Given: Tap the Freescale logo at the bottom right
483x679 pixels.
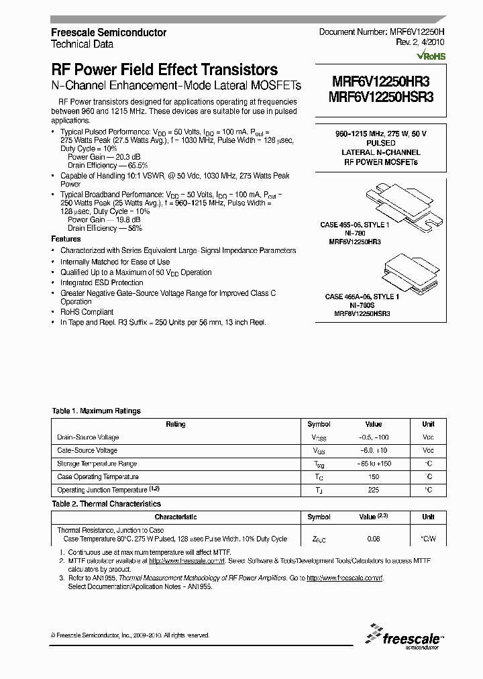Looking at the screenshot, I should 402,637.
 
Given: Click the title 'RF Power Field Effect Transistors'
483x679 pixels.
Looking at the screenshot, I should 164,70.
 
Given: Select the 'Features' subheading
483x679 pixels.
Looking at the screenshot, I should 66,239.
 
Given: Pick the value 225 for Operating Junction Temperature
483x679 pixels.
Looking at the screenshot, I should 373,490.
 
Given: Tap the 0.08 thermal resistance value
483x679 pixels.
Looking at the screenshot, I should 373,539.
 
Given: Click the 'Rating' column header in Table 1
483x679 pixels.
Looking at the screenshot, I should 176,424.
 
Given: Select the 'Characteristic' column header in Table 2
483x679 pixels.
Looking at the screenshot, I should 176,517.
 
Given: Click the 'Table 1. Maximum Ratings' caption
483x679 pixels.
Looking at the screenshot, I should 97,411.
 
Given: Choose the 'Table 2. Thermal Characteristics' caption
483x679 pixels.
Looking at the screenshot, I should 107,504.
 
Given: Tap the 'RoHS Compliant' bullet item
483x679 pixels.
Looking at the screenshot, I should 87,312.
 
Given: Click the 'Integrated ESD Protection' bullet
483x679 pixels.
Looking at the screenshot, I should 102,283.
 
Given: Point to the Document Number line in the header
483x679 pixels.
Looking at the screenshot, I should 381,32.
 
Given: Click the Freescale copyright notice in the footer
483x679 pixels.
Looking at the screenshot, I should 130,635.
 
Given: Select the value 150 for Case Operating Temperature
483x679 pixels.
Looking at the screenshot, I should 373,477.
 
